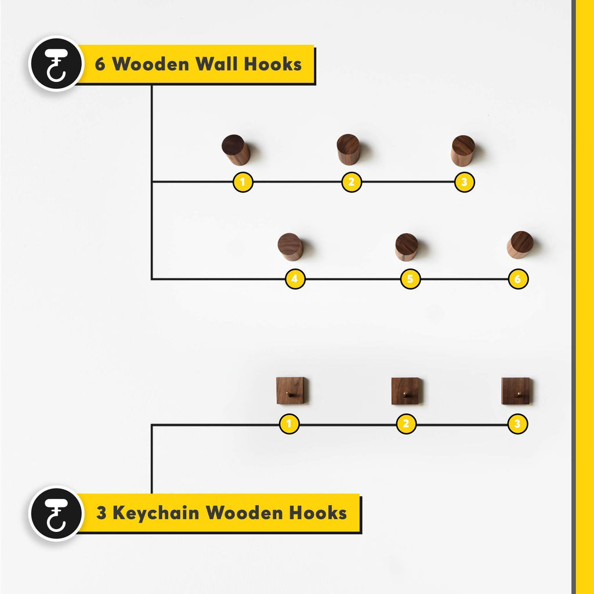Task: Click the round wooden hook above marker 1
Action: pyautogui.click(x=236, y=150)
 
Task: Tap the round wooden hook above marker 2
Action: pyautogui.click(x=348, y=150)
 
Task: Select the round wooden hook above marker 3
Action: pyautogui.click(x=462, y=151)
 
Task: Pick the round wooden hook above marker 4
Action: pyautogui.click(x=290, y=247)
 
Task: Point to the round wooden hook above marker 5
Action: pyautogui.click(x=407, y=247)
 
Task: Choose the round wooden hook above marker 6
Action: pyautogui.click(x=520, y=245)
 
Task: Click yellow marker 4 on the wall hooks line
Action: pyautogui.click(x=295, y=279)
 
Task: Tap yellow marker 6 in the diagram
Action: pyautogui.click(x=518, y=279)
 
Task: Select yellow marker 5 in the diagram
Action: pyautogui.click(x=410, y=279)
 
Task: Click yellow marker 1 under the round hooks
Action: pyautogui.click(x=243, y=182)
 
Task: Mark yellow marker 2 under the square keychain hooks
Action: pyautogui.click(x=406, y=424)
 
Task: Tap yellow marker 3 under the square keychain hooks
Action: pyautogui.click(x=517, y=424)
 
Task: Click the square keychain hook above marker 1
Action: pyautogui.click(x=290, y=390)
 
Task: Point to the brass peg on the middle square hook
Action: pyautogui.click(x=405, y=394)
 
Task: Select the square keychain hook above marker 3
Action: pyautogui.click(x=516, y=391)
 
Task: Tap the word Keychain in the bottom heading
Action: pyautogui.click(x=156, y=513)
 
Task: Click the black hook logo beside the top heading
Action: pyautogui.click(x=56, y=64)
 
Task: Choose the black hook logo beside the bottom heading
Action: pyautogui.click(x=56, y=514)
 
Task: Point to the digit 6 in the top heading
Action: pyautogui.click(x=100, y=64)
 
